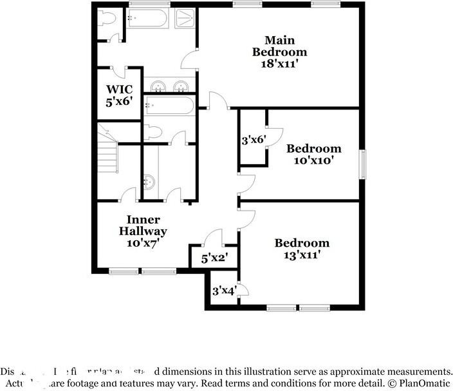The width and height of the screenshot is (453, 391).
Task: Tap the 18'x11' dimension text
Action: [279, 64]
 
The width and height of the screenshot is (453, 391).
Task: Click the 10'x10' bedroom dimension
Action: [313, 160]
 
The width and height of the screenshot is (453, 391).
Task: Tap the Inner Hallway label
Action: [143, 225]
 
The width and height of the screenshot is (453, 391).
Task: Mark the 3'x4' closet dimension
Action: [223, 291]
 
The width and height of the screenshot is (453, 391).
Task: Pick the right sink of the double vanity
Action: [181, 86]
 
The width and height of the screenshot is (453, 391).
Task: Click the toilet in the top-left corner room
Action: [107, 19]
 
